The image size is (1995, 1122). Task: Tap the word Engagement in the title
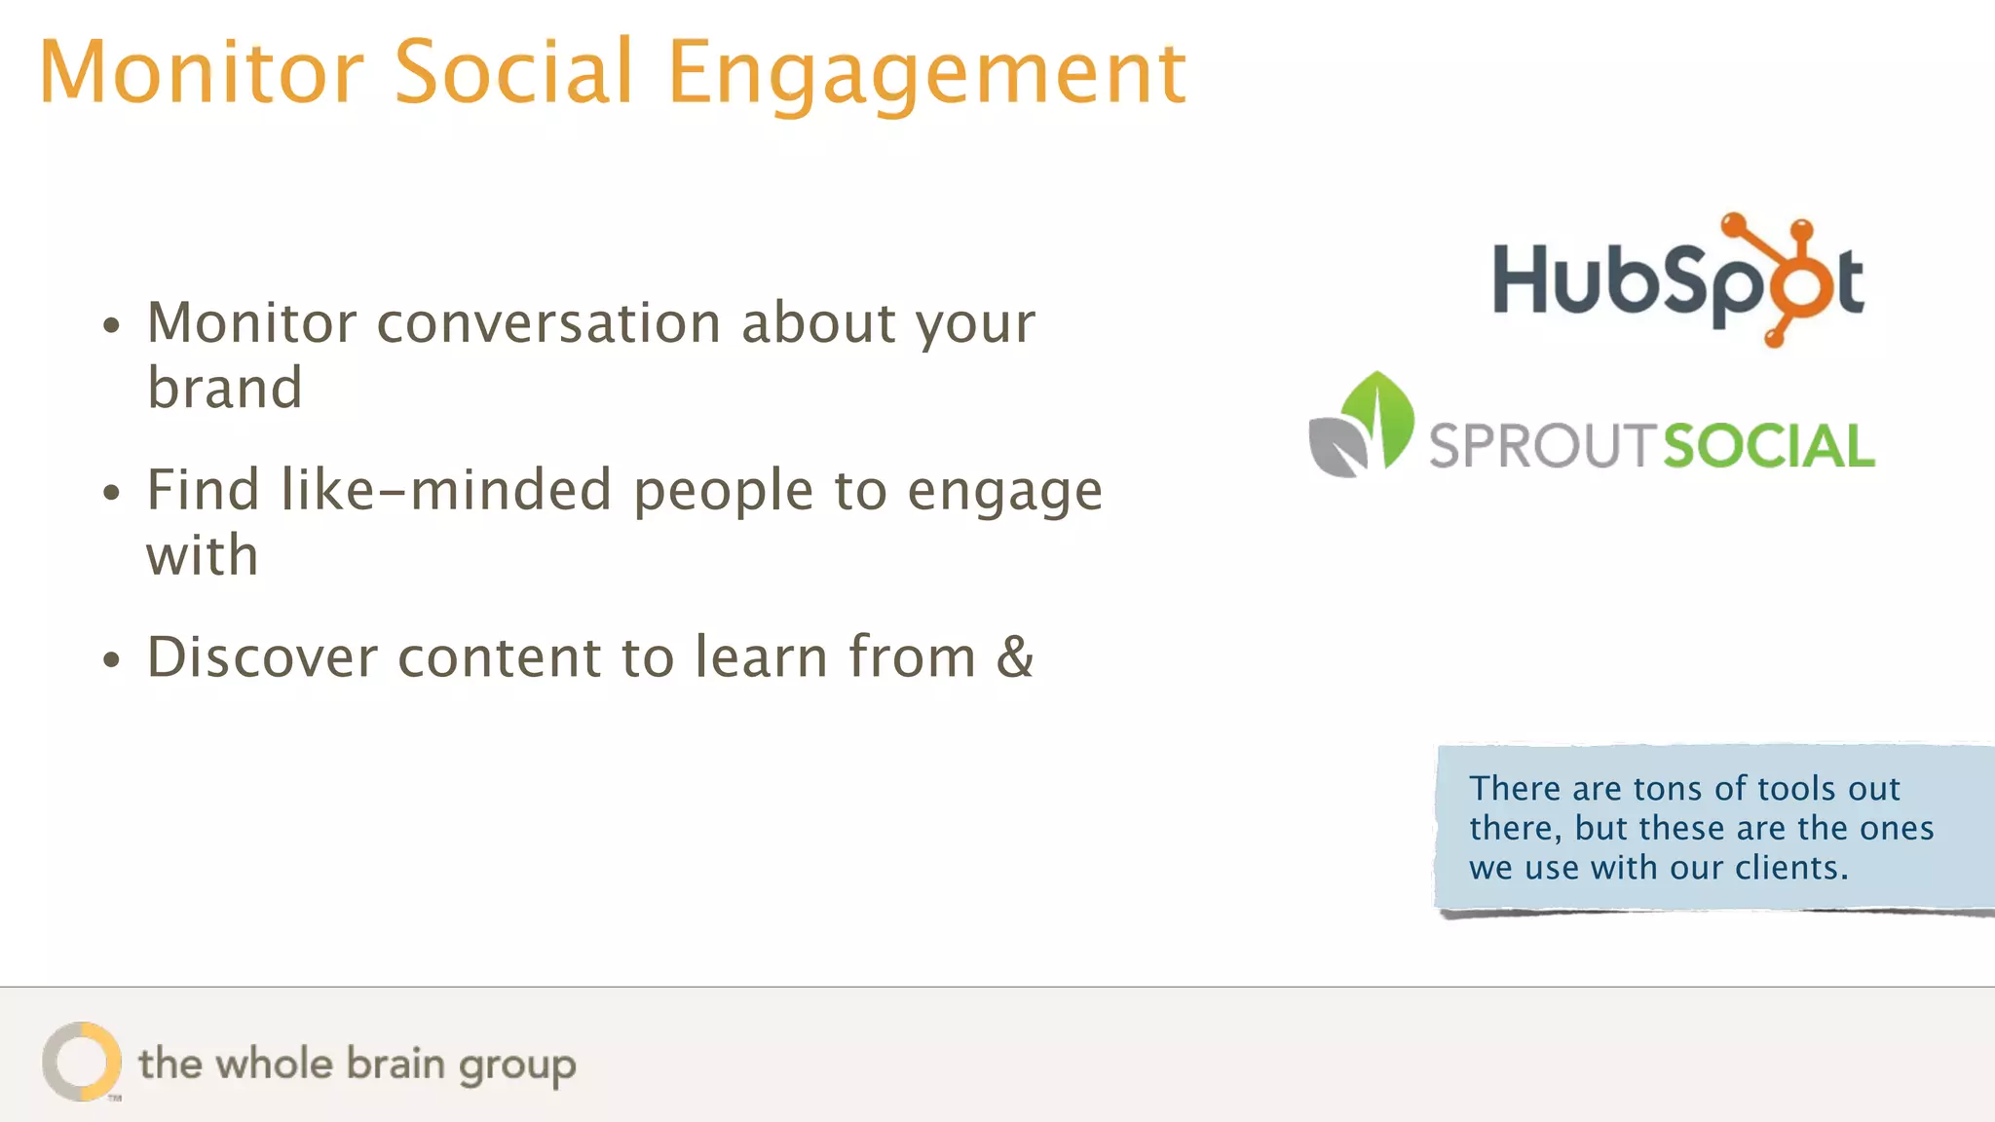coord(926,74)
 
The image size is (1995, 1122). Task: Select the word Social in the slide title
coord(513,72)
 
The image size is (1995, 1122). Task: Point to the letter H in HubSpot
coord(1522,280)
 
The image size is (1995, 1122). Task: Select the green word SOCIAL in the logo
coord(1768,447)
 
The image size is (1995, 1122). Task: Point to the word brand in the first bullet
coord(225,389)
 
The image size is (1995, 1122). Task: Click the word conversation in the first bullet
coord(548,323)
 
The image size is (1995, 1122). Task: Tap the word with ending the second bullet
coord(203,556)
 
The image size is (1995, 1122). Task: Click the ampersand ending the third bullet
coord(1014,656)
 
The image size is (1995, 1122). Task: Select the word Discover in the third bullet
coord(262,656)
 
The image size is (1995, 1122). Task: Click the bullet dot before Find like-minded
coord(112,493)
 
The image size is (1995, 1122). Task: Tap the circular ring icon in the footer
coord(82,1062)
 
